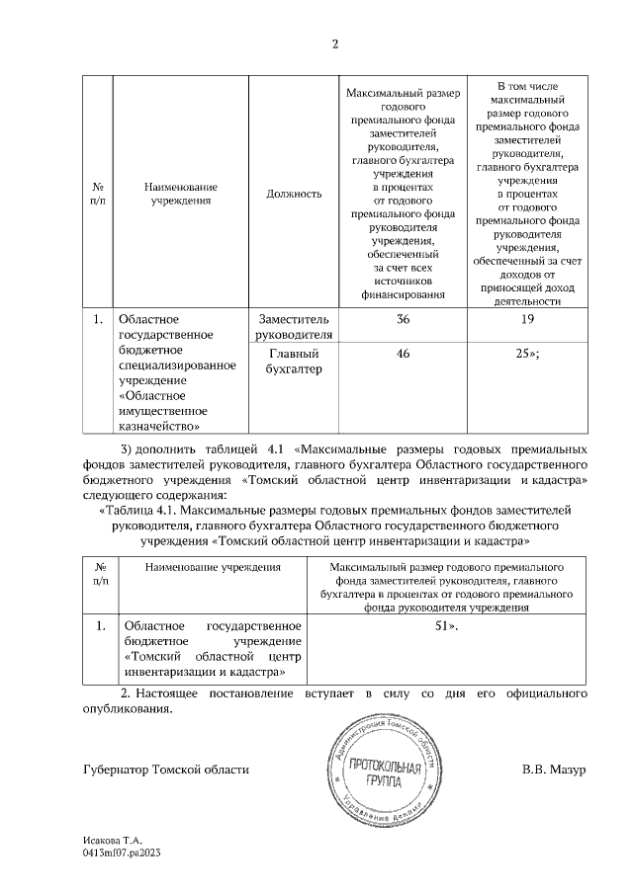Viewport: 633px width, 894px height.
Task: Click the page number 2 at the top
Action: (334, 43)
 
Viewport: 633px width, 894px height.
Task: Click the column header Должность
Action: (294, 194)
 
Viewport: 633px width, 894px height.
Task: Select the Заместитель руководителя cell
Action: (294, 327)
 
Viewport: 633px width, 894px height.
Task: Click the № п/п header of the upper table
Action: (98, 194)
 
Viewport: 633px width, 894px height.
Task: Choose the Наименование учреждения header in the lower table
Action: (213, 567)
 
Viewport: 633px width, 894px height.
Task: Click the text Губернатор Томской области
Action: (166, 769)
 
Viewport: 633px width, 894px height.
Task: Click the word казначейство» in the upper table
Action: (158, 426)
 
